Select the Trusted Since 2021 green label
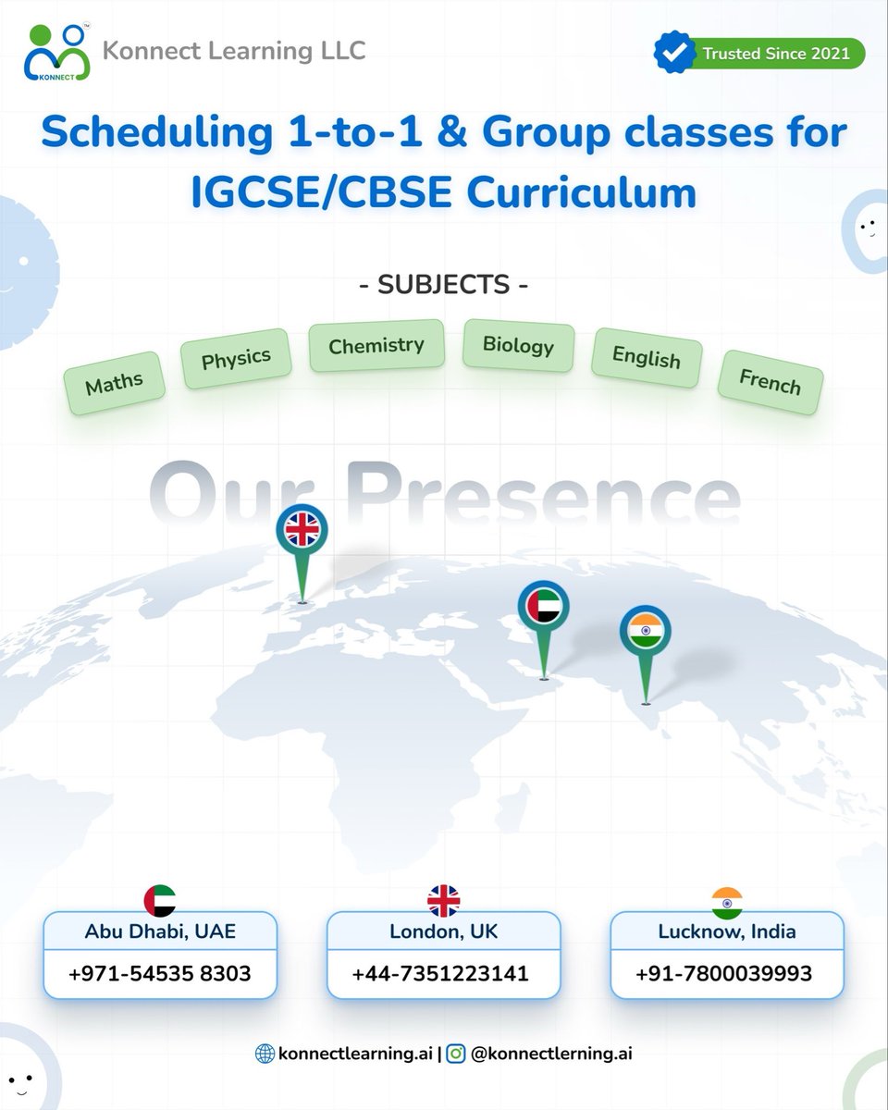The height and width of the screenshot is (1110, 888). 775,54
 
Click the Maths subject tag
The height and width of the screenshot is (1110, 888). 114,382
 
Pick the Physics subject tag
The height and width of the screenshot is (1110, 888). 236,357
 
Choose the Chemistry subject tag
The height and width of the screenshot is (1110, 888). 376,346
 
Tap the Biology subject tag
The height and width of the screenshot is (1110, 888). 518,345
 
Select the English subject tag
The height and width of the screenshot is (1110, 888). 646,357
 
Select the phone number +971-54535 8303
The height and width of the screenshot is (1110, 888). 160,973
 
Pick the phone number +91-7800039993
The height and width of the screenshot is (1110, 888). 724,973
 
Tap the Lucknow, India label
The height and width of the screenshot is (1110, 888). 726,931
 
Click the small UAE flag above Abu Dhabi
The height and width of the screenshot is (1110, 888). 160,900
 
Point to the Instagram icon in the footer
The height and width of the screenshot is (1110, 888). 455,1054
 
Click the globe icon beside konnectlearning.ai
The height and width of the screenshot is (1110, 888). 265,1054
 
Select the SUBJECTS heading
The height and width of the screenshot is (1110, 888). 444,284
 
